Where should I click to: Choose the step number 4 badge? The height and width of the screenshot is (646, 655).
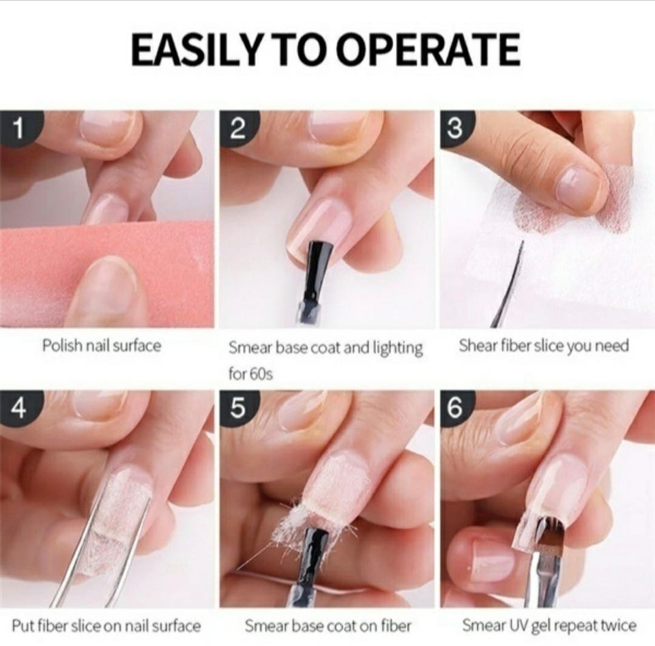click(18, 409)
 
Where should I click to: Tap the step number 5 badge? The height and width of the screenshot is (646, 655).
click(237, 409)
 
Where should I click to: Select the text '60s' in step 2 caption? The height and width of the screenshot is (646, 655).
click(261, 374)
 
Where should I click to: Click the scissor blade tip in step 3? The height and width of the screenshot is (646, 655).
click(522, 241)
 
